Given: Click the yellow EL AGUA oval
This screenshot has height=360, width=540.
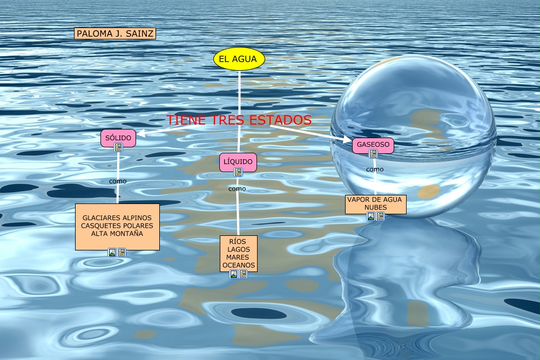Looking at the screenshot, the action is (x=239, y=59).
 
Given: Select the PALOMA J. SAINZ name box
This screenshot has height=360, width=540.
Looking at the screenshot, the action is (x=115, y=33).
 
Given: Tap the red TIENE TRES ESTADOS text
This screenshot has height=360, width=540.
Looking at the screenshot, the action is (x=239, y=120).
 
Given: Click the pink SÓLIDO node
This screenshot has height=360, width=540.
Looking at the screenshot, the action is (x=118, y=138).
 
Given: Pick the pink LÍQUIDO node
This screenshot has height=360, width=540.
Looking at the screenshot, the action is (x=238, y=161).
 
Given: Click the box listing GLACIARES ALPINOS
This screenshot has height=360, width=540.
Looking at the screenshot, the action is (x=117, y=226).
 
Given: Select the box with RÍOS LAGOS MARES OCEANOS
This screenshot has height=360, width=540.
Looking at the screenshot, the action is (x=238, y=253).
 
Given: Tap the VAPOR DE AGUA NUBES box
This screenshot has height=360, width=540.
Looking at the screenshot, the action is (x=375, y=203).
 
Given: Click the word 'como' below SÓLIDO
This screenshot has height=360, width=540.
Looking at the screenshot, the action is (x=118, y=181).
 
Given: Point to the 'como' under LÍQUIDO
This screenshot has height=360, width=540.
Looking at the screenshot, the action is (x=237, y=188).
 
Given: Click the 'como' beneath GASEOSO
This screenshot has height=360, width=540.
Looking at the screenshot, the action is (x=375, y=169).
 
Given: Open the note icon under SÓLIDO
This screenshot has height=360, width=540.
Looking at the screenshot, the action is (x=118, y=147).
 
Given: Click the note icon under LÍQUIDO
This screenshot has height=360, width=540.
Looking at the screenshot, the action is (x=238, y=172).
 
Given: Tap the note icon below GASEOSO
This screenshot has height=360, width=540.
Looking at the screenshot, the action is (x=373, y=154).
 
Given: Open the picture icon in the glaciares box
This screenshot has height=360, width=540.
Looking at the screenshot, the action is (x=112, y=252).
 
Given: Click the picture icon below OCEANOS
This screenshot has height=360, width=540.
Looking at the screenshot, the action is (x=234, y=274).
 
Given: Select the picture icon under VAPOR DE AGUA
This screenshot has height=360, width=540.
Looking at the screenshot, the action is (x=371, y=216).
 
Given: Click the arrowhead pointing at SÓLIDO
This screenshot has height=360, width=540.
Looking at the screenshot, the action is (x=140, y=133).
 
